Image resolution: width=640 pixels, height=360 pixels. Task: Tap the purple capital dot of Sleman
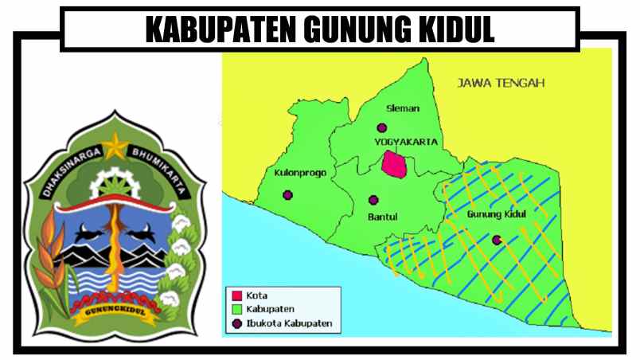click(x=382, y=127)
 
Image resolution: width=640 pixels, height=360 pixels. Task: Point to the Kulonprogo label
click(x=296, y=172)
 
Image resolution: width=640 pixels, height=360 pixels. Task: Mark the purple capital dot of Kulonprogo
click(x=287, y=194)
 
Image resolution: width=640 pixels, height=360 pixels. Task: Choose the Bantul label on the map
click(x=381, y=217)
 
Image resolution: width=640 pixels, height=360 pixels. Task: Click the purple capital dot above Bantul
click(x=373, y=200)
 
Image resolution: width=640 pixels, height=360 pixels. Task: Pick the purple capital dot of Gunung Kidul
click(x=497, y=239)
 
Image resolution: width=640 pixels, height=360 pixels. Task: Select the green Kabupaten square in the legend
click(x=235, y=310)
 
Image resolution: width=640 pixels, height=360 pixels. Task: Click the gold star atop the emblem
click(x=117, y=144)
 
